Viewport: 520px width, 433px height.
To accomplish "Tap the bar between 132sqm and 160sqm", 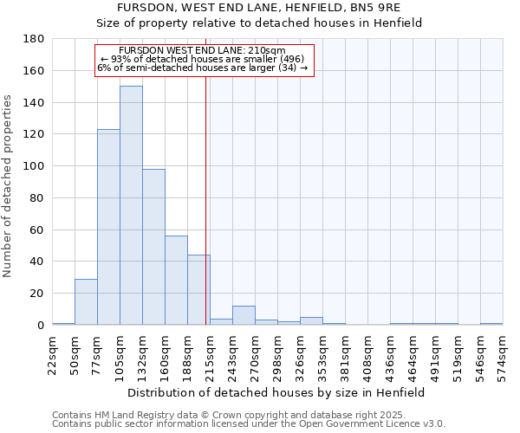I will click(153, 247).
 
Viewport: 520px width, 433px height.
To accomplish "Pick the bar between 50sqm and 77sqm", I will click(86, 302).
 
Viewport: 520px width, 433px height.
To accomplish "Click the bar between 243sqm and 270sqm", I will click(244, 315).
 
